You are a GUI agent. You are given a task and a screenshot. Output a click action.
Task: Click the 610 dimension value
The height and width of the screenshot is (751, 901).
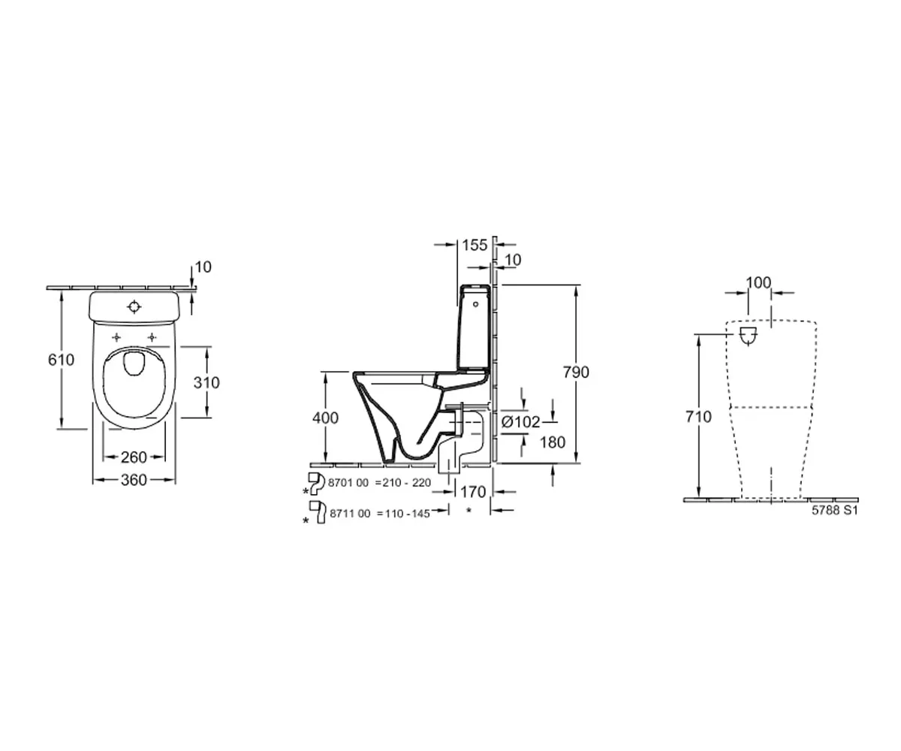coord(61,360)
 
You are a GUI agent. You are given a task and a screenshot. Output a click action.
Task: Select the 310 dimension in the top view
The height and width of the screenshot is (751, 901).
coord(206,382)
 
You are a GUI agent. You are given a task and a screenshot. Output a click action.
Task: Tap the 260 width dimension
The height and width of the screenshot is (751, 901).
coord(134,457)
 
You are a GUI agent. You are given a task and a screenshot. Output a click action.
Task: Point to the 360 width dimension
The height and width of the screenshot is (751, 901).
coord(134,481)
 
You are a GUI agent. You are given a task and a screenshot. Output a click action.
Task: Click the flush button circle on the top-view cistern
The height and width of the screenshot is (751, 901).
coord(134,306)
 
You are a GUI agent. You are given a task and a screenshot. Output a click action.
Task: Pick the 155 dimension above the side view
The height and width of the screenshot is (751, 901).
coord(475,245)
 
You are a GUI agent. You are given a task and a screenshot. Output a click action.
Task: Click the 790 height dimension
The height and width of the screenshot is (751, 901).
coord(577,372)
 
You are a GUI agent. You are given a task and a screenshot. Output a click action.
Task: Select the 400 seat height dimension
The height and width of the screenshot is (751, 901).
coord(325,418)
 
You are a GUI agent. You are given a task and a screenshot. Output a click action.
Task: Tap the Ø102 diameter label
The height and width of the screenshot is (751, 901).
coord(520,422)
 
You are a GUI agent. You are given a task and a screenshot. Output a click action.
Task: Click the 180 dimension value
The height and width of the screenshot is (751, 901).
coord(552,442)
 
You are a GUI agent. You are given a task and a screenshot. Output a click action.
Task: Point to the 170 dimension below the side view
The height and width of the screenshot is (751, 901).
coord(473,493)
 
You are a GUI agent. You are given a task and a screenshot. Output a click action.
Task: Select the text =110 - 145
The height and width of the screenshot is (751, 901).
coord(402,514)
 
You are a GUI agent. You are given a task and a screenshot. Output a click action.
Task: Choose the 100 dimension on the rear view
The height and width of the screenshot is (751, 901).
coord(759,282)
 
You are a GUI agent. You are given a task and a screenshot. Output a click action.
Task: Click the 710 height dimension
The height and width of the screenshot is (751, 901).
coord(698,417)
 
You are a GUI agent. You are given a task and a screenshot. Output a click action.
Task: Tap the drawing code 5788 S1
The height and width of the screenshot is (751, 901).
coord(834,509)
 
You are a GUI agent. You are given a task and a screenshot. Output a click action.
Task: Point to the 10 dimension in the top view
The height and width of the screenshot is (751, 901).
coord(203,267)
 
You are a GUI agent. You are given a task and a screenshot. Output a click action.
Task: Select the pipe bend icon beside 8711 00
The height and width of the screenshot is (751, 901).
coord(318,511)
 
